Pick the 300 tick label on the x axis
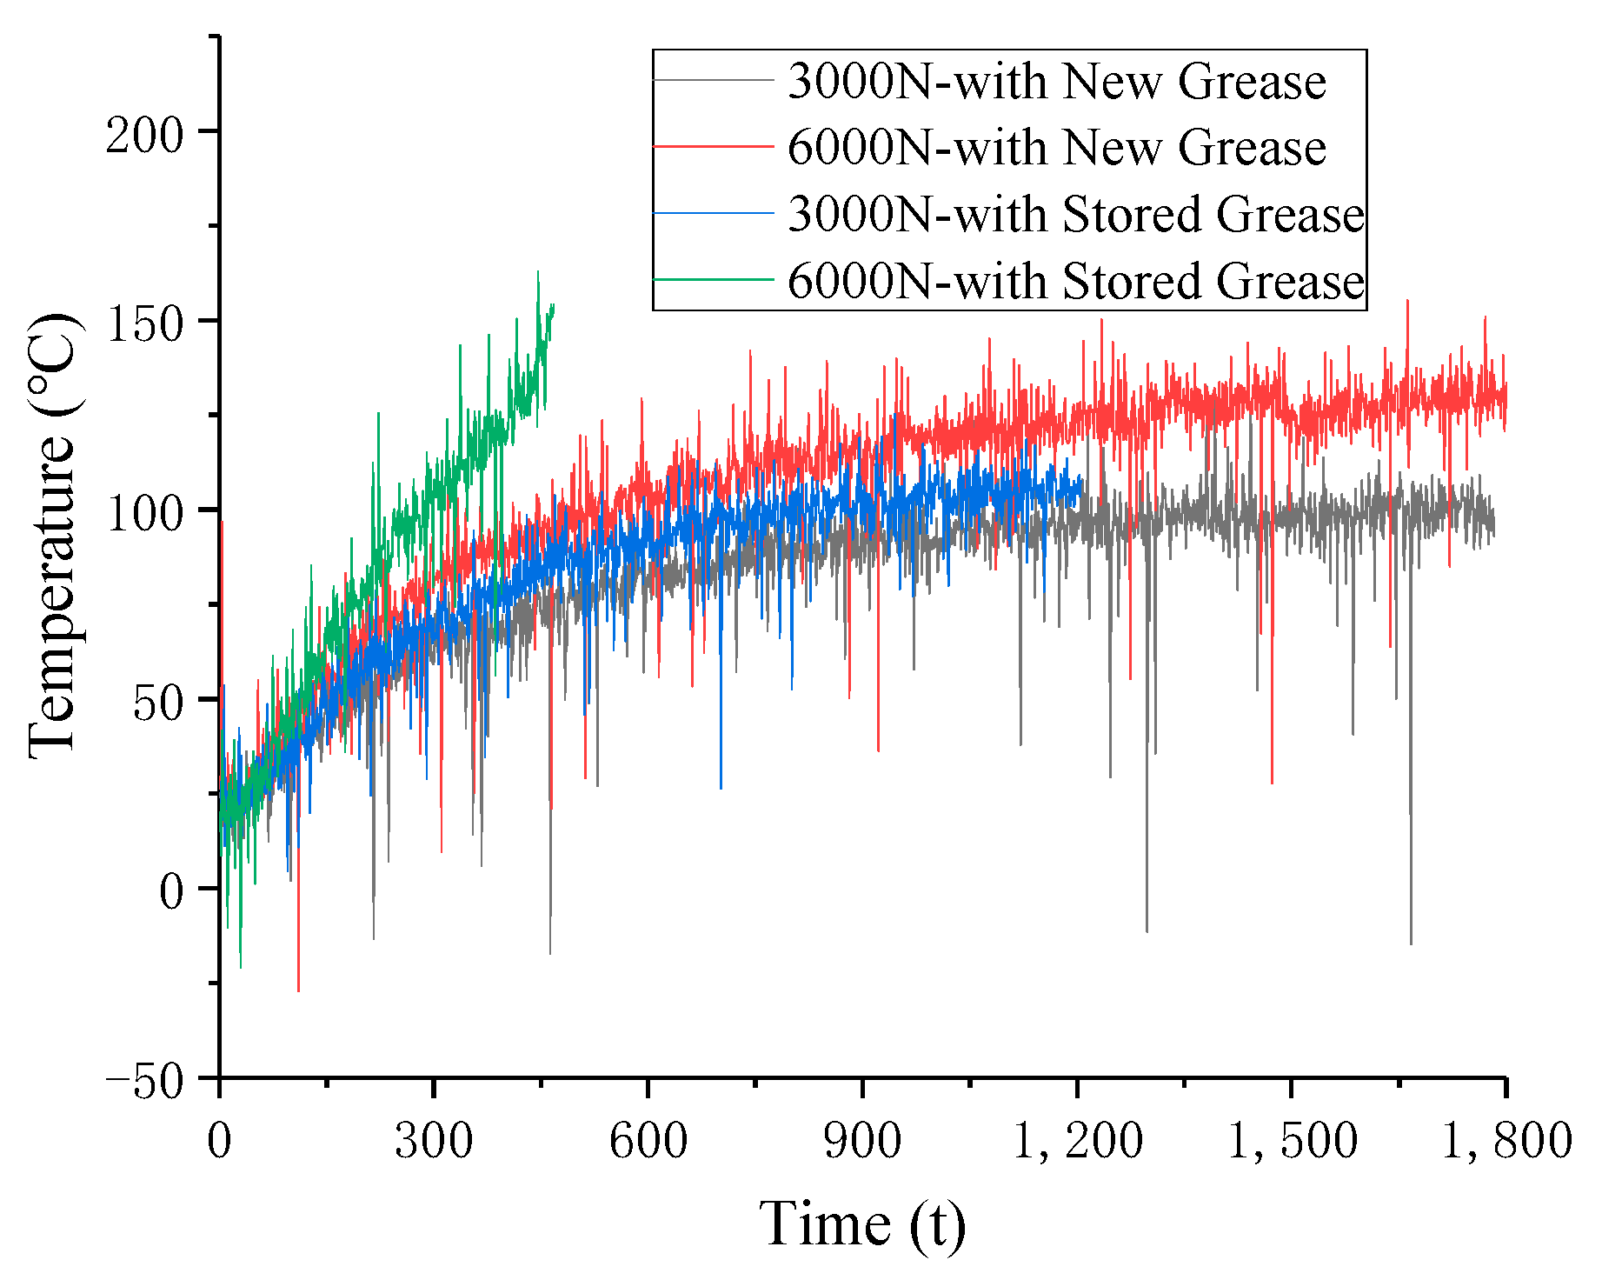433,1140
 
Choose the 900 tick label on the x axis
861,1140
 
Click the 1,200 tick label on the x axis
1077,1140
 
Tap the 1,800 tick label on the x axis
1506,1140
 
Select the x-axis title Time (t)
862,1224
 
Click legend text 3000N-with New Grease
1056,82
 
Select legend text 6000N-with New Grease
1056,148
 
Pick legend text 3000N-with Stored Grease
1075,214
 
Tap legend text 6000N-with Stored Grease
1075,281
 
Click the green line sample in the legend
713,280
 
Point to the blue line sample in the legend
713,213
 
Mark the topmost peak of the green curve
538,272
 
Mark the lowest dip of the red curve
298,990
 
